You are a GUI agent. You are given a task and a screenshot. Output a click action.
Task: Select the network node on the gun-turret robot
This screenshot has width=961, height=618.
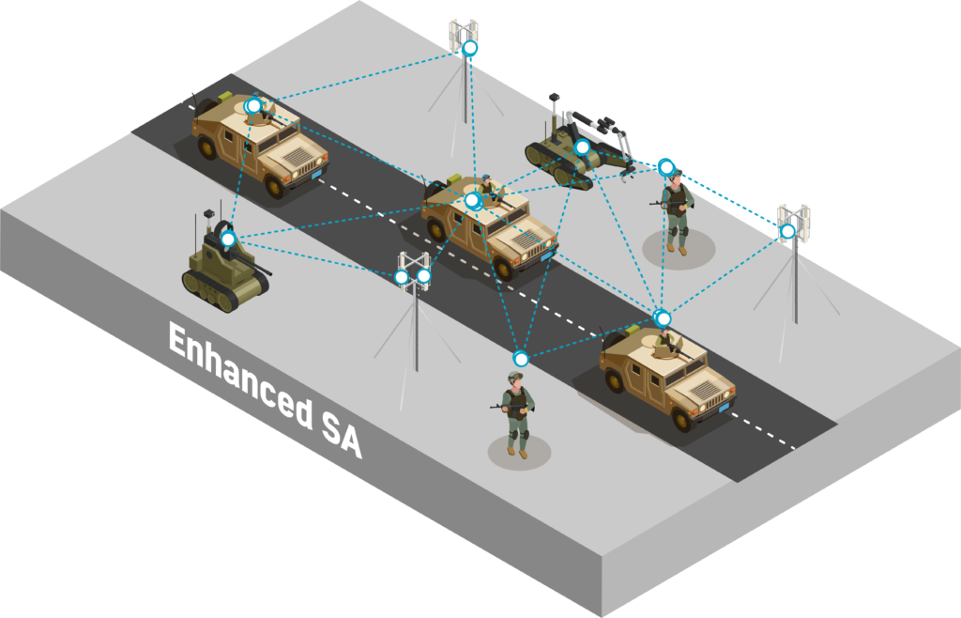pyautogui.click(x=228, y=239)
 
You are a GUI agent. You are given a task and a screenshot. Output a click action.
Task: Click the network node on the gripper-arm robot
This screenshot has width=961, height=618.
pyautogui.click(x=582, y=147)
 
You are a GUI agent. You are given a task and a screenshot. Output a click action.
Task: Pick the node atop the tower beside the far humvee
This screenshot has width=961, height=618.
pyautogui.click(x=469, y=48)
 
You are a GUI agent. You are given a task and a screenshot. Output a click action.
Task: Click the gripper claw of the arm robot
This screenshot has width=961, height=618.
pyautogui.click(x=626, y=172)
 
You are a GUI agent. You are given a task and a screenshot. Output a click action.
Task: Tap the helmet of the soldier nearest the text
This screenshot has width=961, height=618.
pyautogui.click(x=515, y=377)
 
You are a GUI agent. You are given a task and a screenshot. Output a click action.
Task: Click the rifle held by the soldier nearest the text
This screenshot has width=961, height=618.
pyautogui.click(x=508, y=408)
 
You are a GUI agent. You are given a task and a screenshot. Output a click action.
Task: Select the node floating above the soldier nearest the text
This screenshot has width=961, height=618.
pyautogui.click(x=520, y=358)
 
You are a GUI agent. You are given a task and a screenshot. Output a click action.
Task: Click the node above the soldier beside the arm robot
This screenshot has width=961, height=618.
pyautogui.click(x=666, y=166)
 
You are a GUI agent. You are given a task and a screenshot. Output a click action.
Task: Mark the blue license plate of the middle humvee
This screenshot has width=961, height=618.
pyautogui.click(x=545, y=256)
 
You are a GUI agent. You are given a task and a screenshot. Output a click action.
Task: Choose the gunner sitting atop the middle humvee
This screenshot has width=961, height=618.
pyautogui.click(x=487, y=187)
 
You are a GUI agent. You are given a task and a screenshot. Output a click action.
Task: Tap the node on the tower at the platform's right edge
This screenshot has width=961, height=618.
pyautogui.click(x=787, y=231)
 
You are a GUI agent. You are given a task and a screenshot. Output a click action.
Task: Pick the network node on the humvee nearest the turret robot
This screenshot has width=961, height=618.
pyautogui.click(x=252, y=106)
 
